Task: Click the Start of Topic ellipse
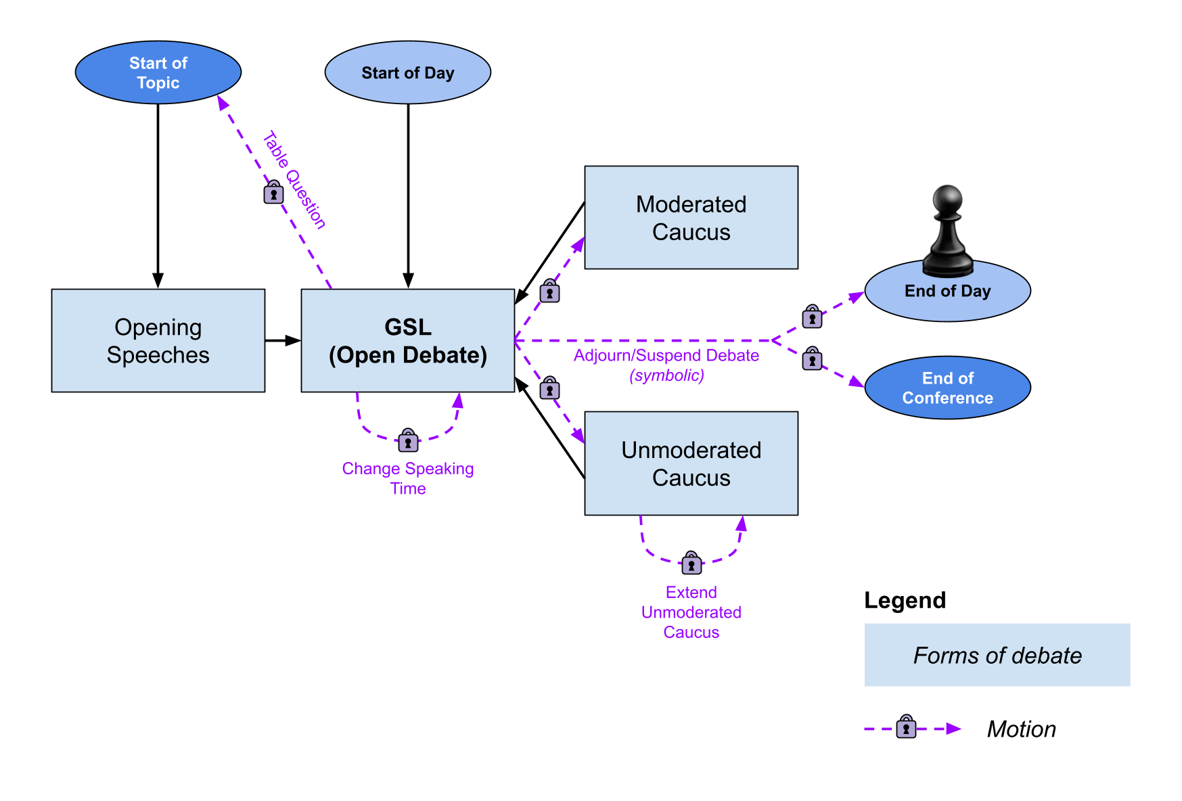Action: click(x=158, y=72)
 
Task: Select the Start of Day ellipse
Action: click(x=408, y=72)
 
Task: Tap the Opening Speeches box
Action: click(x=158, y=341)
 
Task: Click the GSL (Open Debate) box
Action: click(x=408, y=341)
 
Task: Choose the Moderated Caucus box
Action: click(x=691, y=218)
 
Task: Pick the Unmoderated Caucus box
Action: click(x=691, y=463)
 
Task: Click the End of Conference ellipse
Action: click(x=948, y=388)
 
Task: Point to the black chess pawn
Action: click(x=948, y=231)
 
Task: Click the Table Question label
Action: click(x=294, y=180)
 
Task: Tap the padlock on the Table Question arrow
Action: click(x=273, y=192)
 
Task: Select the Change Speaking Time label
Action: click(x=408, y=478)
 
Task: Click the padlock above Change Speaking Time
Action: click(x=408, y=440)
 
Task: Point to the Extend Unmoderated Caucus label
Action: click(x=691, y=612)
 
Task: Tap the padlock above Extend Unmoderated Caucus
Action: click(x=691, y=563)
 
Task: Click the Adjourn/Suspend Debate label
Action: click(x=666, y=356)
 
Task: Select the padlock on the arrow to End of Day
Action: click(x=812, y=316)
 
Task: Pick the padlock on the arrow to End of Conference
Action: click(x=812, y=358)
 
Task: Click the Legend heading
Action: click(x=905, y=600)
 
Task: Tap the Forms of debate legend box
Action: click(x=997, y=655)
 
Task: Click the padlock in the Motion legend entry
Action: click(x=906, y=727)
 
